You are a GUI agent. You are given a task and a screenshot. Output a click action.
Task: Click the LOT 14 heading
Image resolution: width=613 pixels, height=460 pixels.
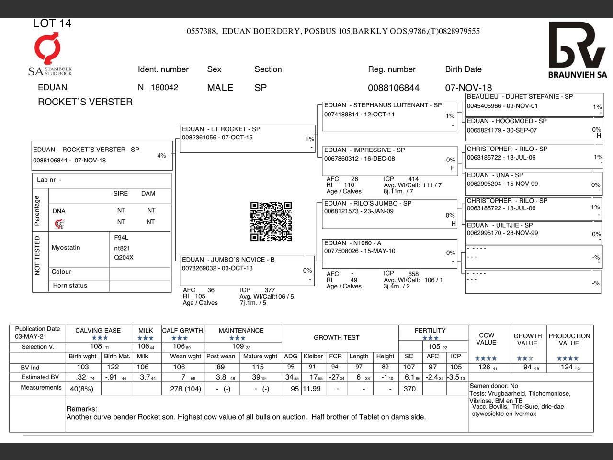point(52,23)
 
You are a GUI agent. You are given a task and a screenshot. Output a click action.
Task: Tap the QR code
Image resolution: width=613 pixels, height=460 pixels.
point(271,221)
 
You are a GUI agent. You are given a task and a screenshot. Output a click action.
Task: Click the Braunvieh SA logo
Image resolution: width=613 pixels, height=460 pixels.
point(577,50)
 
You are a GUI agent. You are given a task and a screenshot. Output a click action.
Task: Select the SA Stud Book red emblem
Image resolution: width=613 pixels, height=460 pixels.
point(47,49)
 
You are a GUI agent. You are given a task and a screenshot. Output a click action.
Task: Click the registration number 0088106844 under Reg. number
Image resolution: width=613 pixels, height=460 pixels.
point(393,88)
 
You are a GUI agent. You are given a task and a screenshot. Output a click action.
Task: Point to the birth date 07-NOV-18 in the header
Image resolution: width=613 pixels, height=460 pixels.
point(468,88)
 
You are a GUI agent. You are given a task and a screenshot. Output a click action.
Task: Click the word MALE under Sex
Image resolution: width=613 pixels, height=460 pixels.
point(220,88)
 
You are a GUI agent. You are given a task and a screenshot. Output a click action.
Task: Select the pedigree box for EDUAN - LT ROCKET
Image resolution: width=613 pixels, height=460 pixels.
point(247,138)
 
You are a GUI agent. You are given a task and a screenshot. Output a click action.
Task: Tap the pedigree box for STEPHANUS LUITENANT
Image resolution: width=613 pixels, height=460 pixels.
point(389,116)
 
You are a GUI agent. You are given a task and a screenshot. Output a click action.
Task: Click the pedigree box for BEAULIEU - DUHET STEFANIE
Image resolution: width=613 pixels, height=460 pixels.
point(534,104)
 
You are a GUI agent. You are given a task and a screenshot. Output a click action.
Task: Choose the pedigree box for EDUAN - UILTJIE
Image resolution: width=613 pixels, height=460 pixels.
point(534,232)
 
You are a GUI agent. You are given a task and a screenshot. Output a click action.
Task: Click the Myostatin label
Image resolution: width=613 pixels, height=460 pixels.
point(66,248)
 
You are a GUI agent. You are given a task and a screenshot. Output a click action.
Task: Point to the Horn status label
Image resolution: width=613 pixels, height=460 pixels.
point(70,286)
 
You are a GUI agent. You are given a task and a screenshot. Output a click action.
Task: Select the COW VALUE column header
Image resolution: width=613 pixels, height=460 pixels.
point(486,339)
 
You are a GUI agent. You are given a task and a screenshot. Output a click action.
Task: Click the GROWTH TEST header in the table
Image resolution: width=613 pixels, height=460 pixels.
point(336,337)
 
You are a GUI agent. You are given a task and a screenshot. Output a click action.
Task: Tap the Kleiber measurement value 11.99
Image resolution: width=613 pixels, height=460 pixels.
point(311,389)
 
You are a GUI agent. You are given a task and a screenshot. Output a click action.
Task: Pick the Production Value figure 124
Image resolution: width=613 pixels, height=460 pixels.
point(567,367)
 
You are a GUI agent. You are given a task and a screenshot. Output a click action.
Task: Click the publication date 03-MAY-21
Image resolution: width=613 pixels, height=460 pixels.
point(31,336)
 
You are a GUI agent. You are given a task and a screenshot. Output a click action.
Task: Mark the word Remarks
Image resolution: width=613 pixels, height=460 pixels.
point(81,409)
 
